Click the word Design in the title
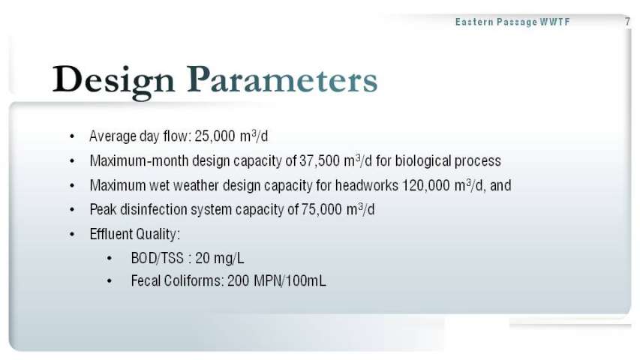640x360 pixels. click(x=113, y=81)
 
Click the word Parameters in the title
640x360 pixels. click(x=282, y=79)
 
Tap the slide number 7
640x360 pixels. click(x=628, y=22)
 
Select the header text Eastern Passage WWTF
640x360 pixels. click(x=512, y=22)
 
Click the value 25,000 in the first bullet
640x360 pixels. click(x=215, y=136)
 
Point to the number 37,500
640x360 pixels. click(x=319, y=160)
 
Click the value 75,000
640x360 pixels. click(x=322, y=209)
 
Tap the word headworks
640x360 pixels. click(x=367, y=185)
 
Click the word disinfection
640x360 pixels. click(x=154, y=209)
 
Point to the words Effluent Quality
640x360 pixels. click(x=135, y=234)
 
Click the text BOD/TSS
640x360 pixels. click(x=157, y=258)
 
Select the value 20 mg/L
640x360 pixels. click(x=220, y=258)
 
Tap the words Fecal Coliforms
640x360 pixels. click(x=177, y=280)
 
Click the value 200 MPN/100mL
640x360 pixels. click(x=277, y=280)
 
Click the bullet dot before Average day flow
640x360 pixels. click(x=72, y=136)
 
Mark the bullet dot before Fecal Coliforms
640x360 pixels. click(x=110, y=281)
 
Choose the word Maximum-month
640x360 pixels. click(x=140, y=160)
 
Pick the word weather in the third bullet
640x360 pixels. click(x=197, y=185)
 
